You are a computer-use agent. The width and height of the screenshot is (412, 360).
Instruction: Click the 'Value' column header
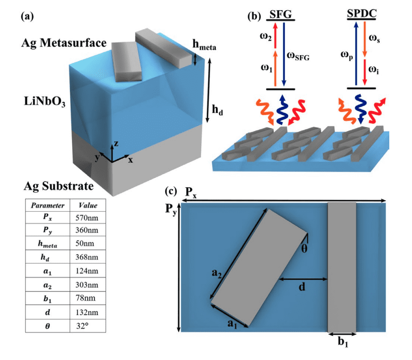point(88,204)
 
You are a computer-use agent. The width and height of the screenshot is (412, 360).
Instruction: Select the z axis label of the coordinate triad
point(117,144)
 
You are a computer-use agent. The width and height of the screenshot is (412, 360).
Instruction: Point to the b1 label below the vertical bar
point(342,342)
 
